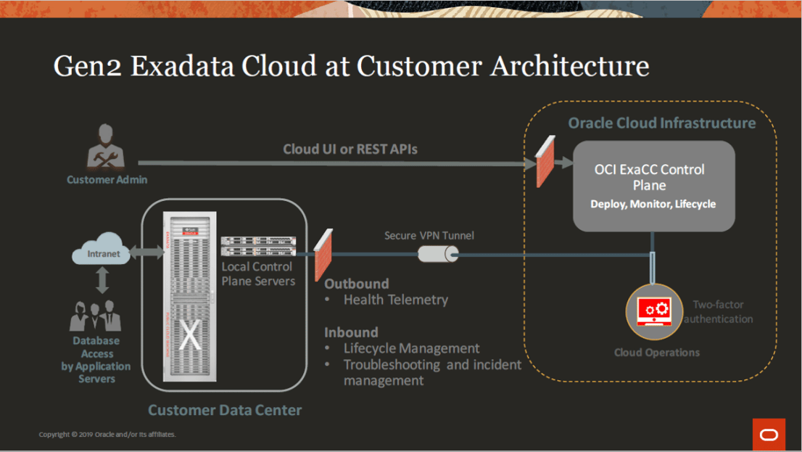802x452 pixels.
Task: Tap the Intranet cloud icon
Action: click(104, 251)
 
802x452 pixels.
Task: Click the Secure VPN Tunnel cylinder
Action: click(438, 254)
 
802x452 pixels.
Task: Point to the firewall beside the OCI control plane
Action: click(545, 161)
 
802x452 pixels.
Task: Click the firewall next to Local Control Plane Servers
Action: click(324, 255)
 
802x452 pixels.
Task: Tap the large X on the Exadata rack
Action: click(190, 335)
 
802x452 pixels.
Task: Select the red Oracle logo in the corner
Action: click(769, 434)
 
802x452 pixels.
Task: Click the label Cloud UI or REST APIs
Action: click(350, 149)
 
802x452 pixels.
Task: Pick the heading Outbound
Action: click(356, 284)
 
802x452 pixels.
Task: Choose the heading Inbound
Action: click(351, 332)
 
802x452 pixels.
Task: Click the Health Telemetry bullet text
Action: click(395, 300)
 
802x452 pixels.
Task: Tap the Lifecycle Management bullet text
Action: click(411, 348)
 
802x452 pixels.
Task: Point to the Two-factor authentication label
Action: click(718, 312)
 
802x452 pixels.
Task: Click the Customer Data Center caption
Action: click(225, 410)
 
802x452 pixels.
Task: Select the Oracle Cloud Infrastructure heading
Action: click(661, 123)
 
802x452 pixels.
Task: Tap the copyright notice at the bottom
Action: click(107, 435)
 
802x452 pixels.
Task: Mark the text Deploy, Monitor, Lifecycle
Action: click(653, 204)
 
